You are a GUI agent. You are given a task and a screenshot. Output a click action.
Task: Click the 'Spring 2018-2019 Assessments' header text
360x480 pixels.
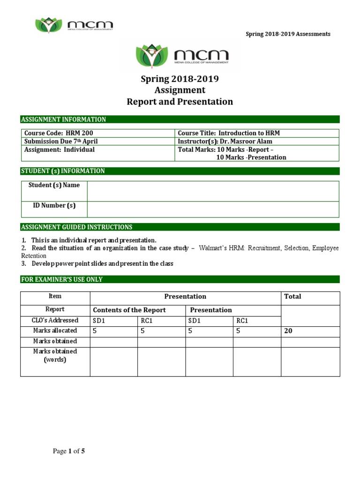click(288, 34)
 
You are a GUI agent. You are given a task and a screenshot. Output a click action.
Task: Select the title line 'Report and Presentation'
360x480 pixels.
click(180, 102)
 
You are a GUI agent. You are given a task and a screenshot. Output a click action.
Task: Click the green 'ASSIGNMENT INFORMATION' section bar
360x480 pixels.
click(180, 120)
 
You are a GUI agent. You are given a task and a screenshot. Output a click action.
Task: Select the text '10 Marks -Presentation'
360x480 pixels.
click(251, 157)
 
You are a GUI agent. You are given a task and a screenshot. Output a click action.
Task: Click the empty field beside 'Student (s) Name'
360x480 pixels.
click(213, 191)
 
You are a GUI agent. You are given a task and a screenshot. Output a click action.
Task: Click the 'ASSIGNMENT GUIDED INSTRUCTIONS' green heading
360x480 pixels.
click(180, 227)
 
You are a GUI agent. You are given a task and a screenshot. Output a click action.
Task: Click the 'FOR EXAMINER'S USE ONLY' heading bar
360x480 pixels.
click(180, 279)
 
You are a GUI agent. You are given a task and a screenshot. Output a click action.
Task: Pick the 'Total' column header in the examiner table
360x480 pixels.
click(293, 296)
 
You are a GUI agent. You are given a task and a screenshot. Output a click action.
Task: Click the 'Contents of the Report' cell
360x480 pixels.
click(129, 310)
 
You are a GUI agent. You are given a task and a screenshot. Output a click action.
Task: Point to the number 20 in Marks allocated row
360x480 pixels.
click(289, 331)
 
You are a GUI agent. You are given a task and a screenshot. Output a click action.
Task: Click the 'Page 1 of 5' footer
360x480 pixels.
click(69, 451)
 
